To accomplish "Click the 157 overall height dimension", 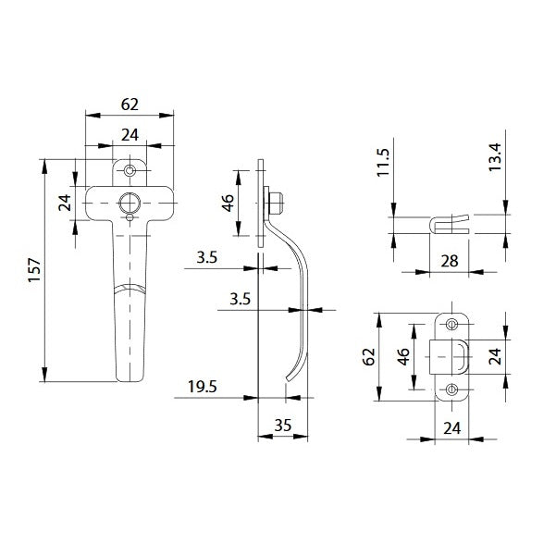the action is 35,270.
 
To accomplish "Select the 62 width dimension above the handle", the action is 130,105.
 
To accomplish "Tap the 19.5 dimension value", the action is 202,387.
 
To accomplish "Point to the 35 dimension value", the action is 282,426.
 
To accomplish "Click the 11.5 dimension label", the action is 383,163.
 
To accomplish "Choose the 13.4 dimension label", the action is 495,157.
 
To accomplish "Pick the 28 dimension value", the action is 450,261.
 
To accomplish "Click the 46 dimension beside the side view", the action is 229,203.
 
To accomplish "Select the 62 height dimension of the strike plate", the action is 369,357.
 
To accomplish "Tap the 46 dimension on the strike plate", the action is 403,357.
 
